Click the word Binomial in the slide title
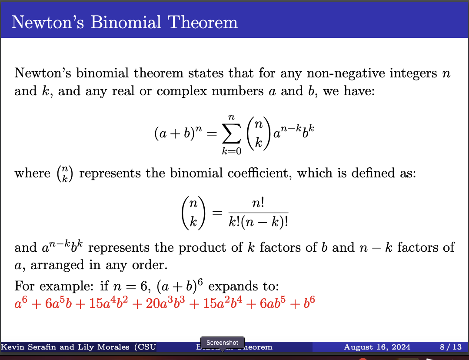click(124, 22)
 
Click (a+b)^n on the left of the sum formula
click(179, 133)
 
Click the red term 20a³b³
click(160, 303)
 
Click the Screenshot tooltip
click(222, 343)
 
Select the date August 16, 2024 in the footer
click(377, 347)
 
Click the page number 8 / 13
click(450, 347)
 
